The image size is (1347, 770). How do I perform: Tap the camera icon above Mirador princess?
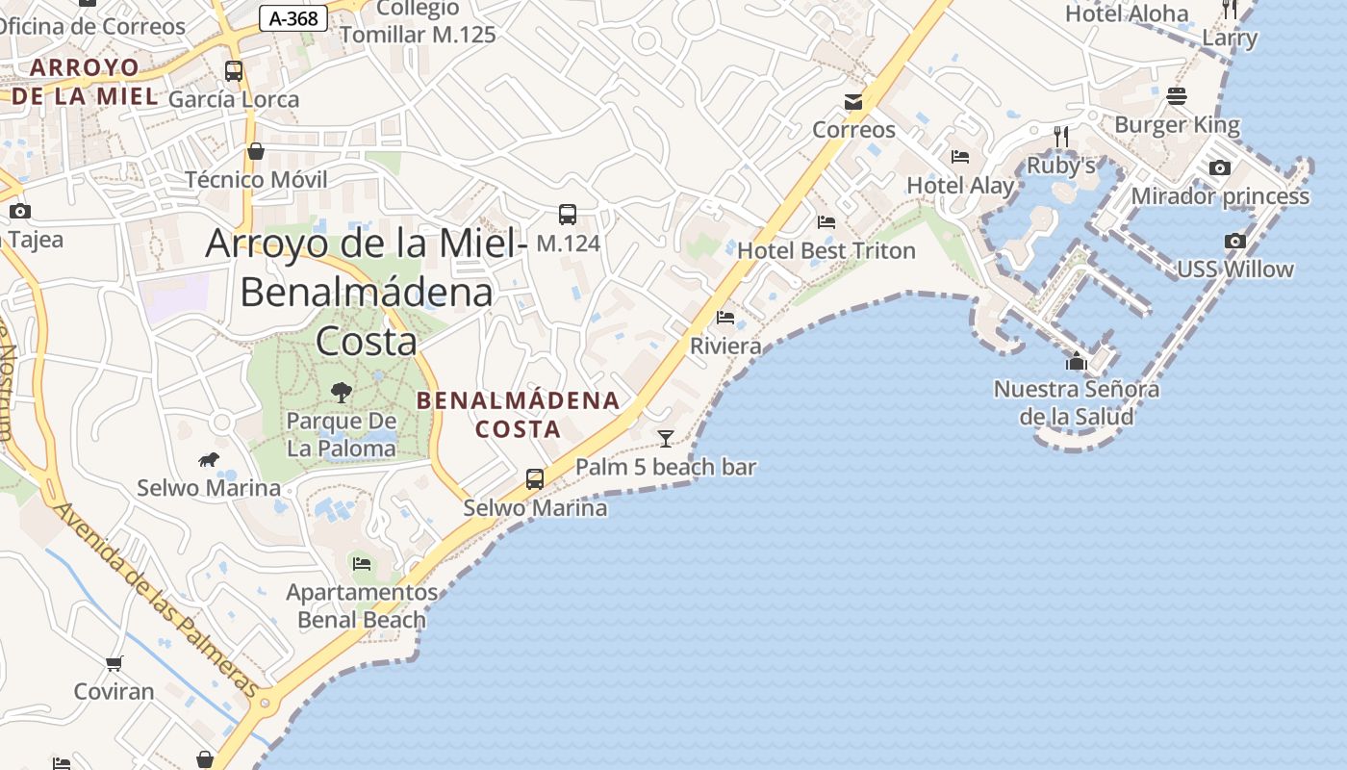1219,168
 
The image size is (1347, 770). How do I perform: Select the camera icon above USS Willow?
1235,242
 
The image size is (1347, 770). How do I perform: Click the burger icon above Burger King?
1177,96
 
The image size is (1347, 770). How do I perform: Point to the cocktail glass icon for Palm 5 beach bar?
665,439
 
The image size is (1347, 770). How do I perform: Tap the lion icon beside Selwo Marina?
208,460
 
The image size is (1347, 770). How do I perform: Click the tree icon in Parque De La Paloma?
341,392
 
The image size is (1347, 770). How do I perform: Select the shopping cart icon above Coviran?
114,663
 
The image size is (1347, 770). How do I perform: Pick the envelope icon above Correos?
853,102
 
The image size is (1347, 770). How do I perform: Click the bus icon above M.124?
568,215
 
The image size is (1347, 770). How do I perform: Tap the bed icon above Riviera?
725,318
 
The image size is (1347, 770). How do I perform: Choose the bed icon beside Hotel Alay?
959,157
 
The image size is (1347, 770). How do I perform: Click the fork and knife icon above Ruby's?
1061,137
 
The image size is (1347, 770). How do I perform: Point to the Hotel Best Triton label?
826,251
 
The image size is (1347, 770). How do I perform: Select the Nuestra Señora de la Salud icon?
1076,362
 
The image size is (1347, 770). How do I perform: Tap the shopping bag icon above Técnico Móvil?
256,151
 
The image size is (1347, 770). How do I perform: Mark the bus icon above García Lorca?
234,70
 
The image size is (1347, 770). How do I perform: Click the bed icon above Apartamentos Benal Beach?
362,563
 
